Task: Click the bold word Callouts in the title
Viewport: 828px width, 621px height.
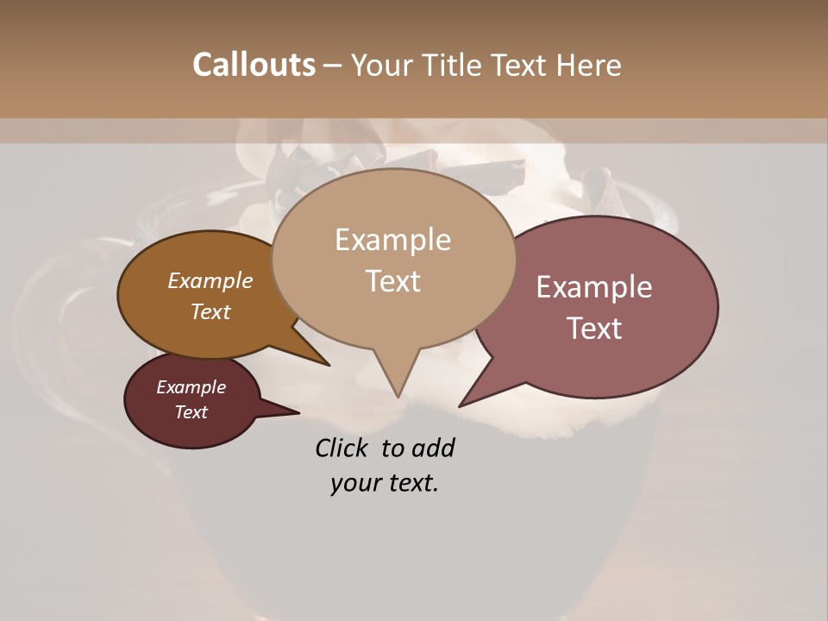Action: (254, 65)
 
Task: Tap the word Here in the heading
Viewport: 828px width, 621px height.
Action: (588, 65)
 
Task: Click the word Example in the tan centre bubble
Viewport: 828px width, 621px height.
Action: (392, 240)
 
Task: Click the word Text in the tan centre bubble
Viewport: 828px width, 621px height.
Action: (392, 281)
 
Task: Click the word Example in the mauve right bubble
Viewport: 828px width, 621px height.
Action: (593, 287)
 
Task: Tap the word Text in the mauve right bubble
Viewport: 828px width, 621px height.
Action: (593, 329)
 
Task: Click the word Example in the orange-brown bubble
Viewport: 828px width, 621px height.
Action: (210, 281)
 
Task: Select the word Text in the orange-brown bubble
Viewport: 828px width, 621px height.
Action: (210, 311)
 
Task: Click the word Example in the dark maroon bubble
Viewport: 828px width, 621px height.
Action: (191, 387)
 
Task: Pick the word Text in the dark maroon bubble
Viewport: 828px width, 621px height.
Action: (191, 412)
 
